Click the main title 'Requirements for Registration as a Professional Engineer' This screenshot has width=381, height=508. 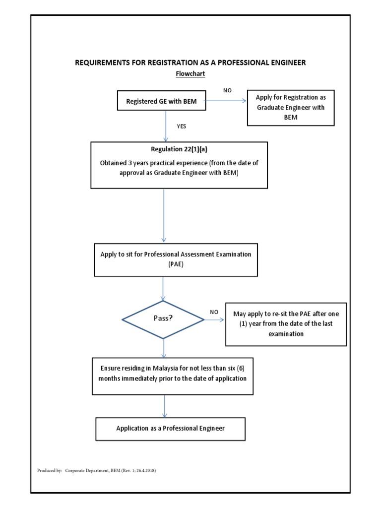[x=190, y=63]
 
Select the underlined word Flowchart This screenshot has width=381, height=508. [x=190, y=74]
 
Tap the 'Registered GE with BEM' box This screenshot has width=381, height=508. [x=161, y=101]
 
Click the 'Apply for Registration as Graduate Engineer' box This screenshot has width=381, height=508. [x=291, y=108]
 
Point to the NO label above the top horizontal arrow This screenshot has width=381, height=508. [x=227, y=91]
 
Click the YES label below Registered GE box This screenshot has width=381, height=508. [x=182, y=126]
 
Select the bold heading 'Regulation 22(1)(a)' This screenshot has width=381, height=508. [x=179, y=149]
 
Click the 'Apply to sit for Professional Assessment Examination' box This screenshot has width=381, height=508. [x=176, y=259]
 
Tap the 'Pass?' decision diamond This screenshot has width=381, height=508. [x=163, y=319]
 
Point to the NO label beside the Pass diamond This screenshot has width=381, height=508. [x=214, y=312]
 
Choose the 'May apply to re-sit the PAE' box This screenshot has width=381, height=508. [x=286, y=324]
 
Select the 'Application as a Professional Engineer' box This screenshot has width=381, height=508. [x=170, y=428]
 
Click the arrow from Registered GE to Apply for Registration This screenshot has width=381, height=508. [x=226, y=101]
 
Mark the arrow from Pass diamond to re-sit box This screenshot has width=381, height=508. [x=214, y=320]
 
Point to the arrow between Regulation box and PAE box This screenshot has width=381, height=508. [x=164, y=216]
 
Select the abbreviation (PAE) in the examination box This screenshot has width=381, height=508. [x=176, y=265]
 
